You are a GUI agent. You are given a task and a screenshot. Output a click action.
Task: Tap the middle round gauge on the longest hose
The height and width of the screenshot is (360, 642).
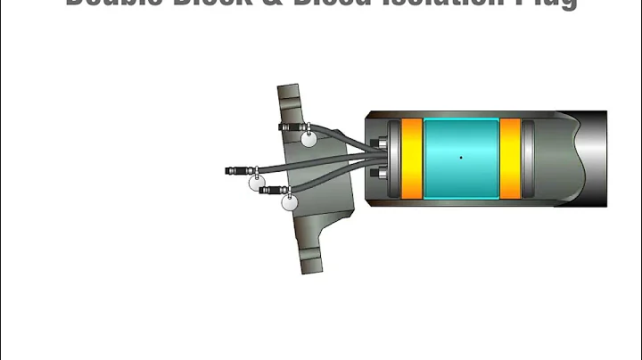pos(258,182)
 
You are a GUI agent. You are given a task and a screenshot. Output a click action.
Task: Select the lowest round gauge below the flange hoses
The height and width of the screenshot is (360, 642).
pos(290,202)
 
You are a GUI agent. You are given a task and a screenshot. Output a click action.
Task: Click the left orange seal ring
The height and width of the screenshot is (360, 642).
pos(411,158)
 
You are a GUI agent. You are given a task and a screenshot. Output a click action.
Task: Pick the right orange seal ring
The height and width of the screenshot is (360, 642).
pos(510,158)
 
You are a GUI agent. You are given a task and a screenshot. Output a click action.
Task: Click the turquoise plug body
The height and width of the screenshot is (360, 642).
pos(460,158)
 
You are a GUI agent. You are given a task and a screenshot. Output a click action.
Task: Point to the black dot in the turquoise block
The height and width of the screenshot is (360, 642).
pos(461,158)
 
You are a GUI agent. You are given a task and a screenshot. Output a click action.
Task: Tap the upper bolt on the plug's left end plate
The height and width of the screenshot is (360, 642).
pos(383,143)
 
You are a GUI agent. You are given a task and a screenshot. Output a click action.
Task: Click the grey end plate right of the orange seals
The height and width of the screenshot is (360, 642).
pos(527,158)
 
